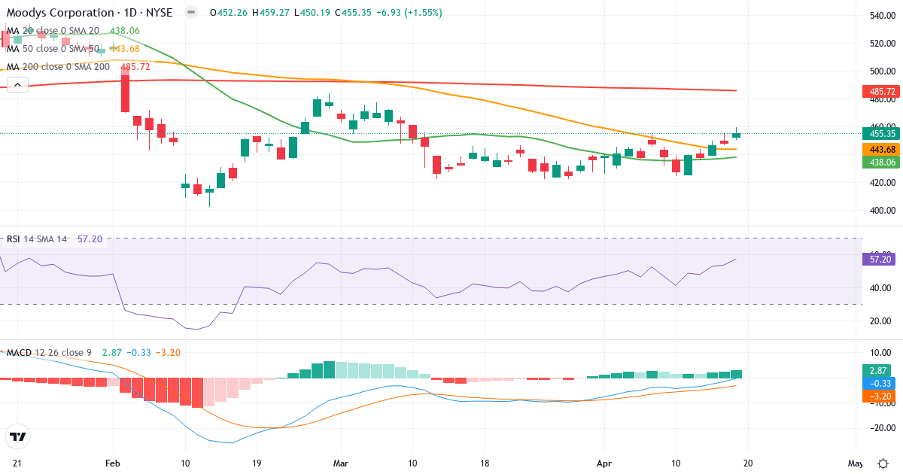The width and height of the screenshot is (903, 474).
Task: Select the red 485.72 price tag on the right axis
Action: click(880, 92)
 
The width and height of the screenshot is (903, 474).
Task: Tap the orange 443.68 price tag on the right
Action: click(880, 149)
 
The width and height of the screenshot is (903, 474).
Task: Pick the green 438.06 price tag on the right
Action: click(880, 162)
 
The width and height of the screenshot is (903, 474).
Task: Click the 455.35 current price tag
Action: click(880, 134)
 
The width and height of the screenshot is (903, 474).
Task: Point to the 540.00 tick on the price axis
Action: click(880, 16)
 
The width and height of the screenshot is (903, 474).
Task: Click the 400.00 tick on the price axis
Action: click(880, 211)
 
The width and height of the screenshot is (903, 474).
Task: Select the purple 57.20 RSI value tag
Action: click(880, 259)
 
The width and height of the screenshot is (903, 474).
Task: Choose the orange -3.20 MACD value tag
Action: click(880, 395)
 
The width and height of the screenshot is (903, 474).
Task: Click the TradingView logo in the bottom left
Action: click(18, 436)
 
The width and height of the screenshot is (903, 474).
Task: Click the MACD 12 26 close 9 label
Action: click(49, 352)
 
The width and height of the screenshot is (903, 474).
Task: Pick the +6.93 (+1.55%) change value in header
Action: click(412, 13)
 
